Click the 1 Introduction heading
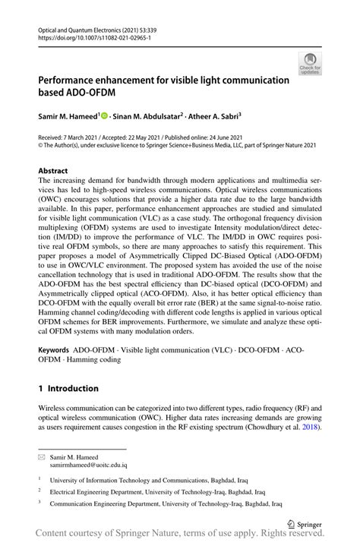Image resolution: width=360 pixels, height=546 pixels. [x=68, y=388]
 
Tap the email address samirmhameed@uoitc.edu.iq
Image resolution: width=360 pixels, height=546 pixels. [x=90, y=465]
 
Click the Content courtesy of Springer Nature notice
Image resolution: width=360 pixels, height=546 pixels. [x=180, y=535]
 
